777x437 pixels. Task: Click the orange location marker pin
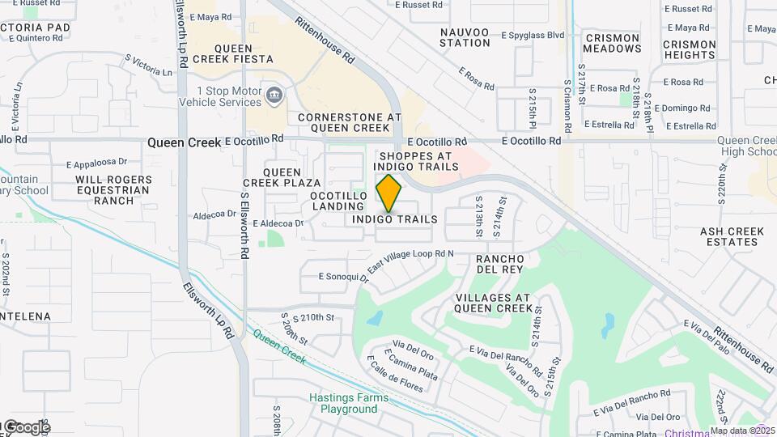pos(389,193)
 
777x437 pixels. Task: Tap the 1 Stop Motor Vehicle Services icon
pos(274,97)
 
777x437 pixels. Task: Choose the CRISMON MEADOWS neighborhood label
pos(613,43)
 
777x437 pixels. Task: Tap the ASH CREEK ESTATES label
pos(732,236)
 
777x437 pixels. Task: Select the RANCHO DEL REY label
pos(500,263)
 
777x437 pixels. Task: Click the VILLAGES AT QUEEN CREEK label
pos(494,303)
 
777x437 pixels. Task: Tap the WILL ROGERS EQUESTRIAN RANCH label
pos(113,190)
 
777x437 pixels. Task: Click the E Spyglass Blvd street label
pos(532,36)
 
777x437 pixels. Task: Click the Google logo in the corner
pos(26,426)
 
